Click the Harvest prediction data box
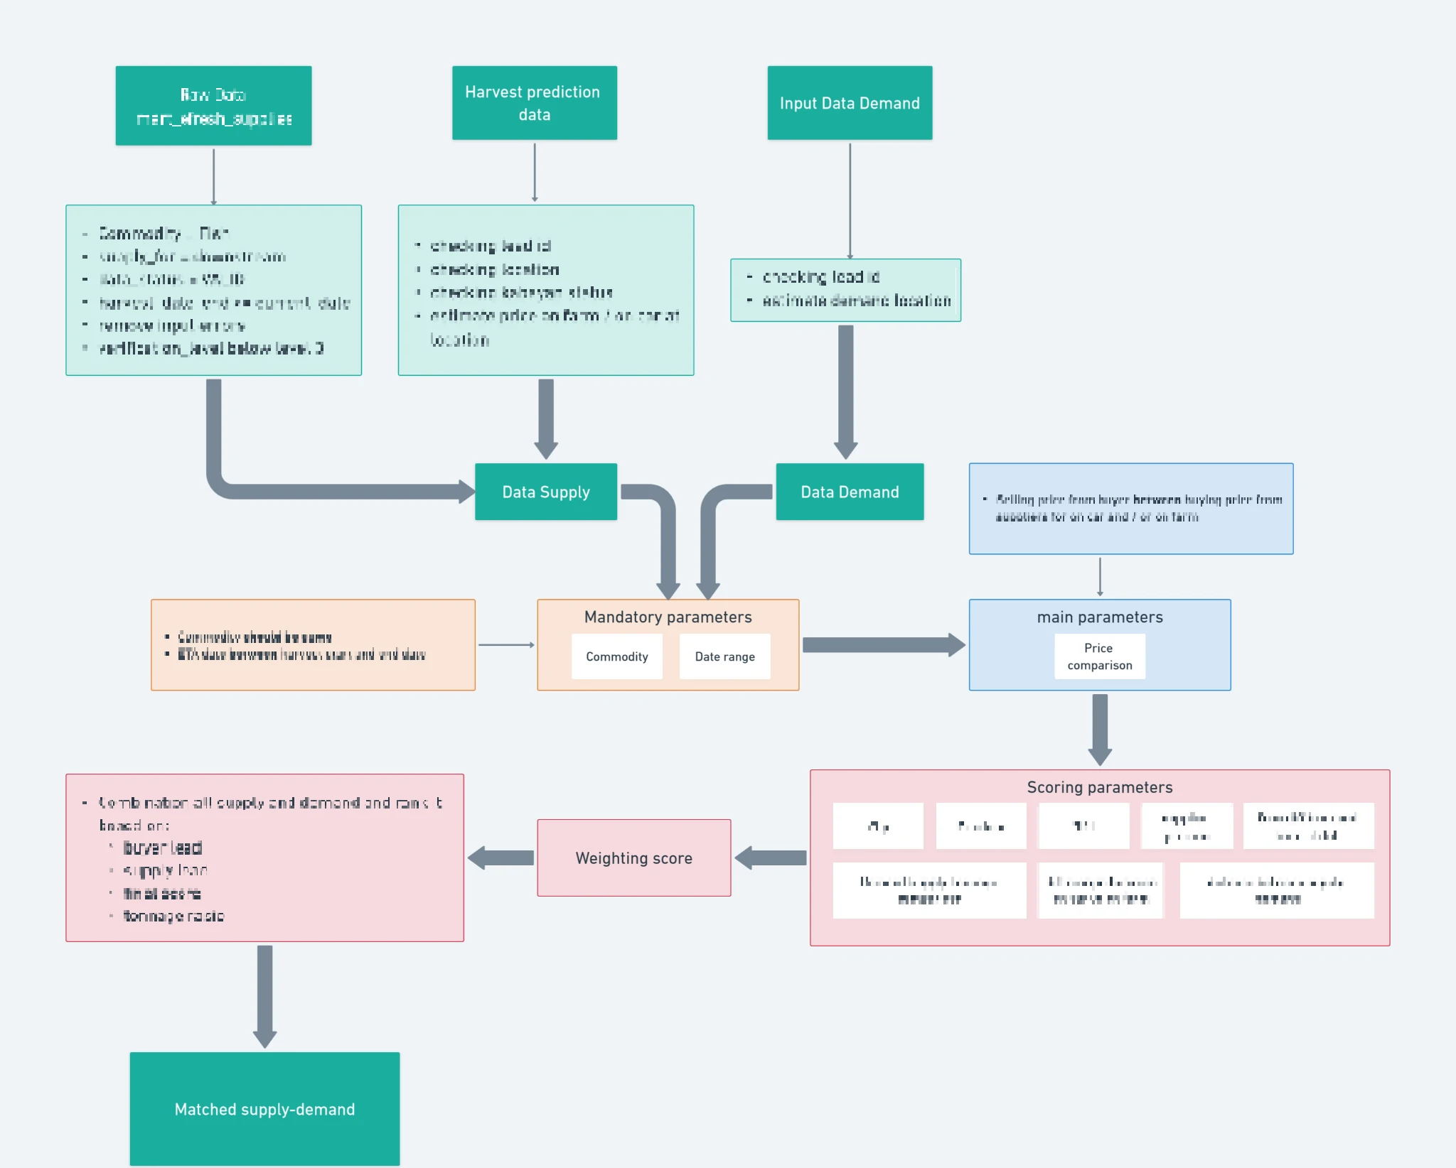(534, 103)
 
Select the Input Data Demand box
(850, 103)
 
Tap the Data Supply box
(545, 492)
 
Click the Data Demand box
(850, 492)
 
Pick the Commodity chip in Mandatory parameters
(616, 656)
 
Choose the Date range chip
(724, 656)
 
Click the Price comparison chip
(1099, 656)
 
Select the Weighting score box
(633, 858)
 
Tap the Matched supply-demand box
(264, 1108)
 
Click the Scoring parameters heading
(1099, 787)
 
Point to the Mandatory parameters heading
(668, 617)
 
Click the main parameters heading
(1099, 617)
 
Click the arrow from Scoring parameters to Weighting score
(771, 858)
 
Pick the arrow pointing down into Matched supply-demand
(264, 995)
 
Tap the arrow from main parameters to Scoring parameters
(1100, 729)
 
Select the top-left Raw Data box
(213, 105)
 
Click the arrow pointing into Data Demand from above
(845, 391)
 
